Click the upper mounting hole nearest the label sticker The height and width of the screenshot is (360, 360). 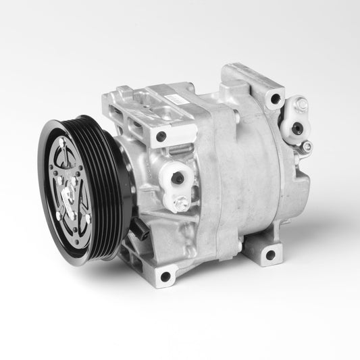(161, 136)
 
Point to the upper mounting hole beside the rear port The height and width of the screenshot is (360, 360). (274, 100)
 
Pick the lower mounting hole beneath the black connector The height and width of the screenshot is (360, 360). (165, 276)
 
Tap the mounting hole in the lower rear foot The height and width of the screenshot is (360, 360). (270, 255)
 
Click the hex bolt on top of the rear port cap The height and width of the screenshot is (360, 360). (302, 105)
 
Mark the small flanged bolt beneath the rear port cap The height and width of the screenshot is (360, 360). (307, 147)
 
